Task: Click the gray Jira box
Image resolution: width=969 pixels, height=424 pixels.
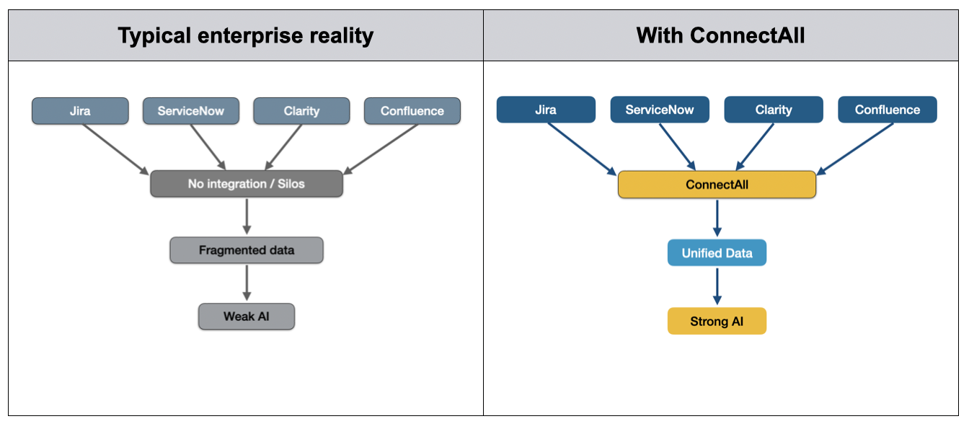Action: (80, 111)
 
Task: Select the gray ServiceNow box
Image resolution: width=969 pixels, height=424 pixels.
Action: (190, 111)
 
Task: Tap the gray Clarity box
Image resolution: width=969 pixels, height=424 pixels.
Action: (301, 111)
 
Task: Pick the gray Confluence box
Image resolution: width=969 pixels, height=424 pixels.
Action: (412, 111)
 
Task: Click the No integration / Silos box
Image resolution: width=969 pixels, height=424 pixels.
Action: (246, 184)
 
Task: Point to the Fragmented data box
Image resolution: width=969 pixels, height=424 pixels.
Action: (246, 250)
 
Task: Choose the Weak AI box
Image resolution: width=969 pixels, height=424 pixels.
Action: (246, 317)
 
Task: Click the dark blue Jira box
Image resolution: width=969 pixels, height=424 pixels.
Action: (546, 110)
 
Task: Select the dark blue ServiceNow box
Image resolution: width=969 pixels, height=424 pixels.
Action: (659, 110)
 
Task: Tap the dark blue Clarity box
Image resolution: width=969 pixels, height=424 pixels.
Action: (773, 110)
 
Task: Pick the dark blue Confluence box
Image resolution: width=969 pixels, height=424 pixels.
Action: (887, 110)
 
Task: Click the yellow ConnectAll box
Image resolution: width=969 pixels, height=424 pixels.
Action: (717, 185)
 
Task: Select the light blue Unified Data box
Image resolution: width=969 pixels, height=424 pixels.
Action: (717, 253)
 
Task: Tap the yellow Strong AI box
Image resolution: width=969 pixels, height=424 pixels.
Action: (717, 321)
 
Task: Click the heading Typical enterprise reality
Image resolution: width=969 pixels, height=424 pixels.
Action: (246, 35)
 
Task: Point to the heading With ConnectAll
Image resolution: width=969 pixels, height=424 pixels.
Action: (720, 35)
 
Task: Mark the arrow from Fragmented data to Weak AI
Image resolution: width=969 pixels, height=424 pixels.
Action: (247, 283)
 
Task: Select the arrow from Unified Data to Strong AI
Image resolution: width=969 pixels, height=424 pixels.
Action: (717, 286)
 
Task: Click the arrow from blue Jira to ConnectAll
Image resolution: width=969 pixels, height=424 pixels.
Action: (582, 149)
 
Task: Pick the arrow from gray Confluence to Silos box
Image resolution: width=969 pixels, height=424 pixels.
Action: (382, 149)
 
